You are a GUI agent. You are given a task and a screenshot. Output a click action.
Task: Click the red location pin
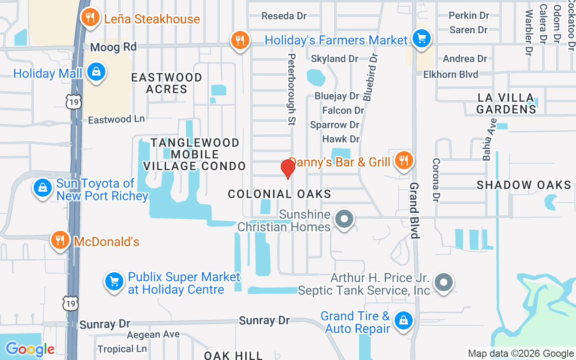tap(288, 169)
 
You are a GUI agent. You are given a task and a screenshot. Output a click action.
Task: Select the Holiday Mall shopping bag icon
tap(96, 72)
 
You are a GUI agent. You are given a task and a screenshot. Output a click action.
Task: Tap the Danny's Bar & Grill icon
tap(404, 160)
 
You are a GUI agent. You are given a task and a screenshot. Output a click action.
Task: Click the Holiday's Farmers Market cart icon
tap(422, 39)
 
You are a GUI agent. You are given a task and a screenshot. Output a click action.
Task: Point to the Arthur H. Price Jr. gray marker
tap(444, 283)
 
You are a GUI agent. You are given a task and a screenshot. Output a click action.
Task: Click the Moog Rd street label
tap(113, 47)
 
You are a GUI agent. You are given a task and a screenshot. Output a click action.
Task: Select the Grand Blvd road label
tap(414, 210)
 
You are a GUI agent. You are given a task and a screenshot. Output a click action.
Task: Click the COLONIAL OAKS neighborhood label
tap(279, 194)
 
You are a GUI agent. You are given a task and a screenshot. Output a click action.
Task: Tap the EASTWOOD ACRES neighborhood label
tap(166, 83)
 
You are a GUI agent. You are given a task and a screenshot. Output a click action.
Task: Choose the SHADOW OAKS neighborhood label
tap(524, 185)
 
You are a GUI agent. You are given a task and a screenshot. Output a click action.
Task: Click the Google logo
tap(30, 349)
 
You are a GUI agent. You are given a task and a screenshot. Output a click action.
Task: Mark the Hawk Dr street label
tap(341, 139)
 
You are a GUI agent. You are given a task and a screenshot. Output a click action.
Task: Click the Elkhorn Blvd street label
tap(451, 74)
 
